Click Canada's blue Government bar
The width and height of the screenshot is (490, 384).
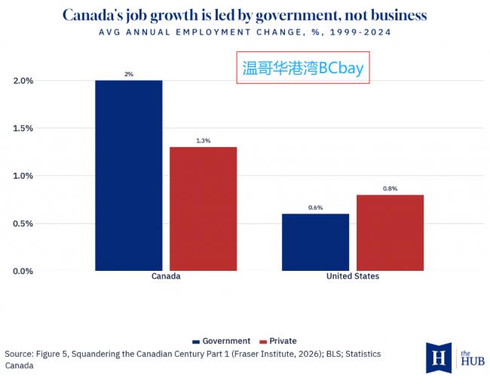129,176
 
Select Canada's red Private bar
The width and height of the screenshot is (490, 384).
203,209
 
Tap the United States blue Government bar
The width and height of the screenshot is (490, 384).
316,242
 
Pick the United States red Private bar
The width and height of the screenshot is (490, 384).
390,232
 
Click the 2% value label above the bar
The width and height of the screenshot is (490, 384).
129,74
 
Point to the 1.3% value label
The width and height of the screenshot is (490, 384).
203,141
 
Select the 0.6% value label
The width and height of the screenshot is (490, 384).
316,207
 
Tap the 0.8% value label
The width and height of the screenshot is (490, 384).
390,189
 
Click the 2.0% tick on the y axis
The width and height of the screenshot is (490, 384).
23,81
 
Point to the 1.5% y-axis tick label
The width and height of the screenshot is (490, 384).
23,128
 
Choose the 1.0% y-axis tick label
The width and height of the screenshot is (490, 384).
23,176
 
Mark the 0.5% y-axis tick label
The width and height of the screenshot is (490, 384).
23,223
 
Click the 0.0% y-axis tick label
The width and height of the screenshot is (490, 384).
23,271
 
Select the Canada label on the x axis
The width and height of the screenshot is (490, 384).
166,276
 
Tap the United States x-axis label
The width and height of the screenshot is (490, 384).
353,276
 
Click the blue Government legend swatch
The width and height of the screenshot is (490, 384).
196,342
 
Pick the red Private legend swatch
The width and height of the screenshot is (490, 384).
263,342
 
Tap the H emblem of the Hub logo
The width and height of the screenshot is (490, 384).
439,358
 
